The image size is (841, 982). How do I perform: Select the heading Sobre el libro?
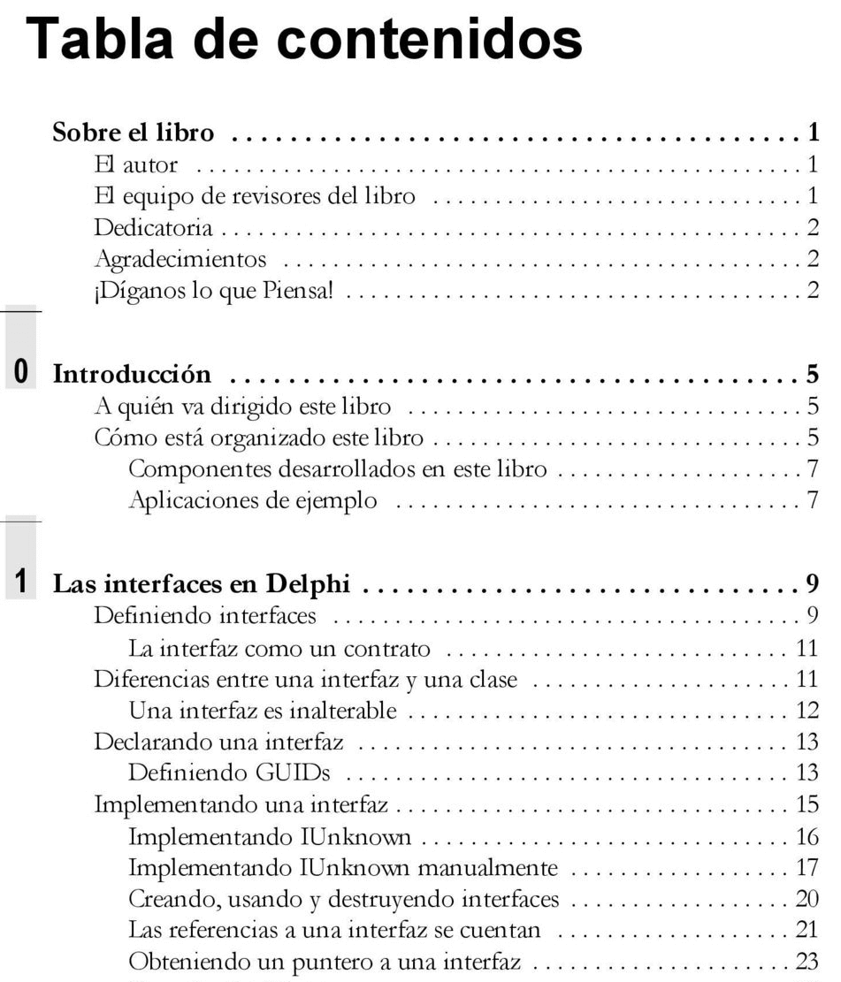click(x=134, y=134)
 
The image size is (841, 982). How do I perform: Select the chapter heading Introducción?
click(x=133, y=374)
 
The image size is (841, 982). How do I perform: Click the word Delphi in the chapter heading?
click(x=310, y=584)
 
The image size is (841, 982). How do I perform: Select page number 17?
click(x=806, y=867)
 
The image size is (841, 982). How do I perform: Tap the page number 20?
click(x=806, y=899)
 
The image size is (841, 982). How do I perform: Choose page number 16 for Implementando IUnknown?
click(x=806, y=836)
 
